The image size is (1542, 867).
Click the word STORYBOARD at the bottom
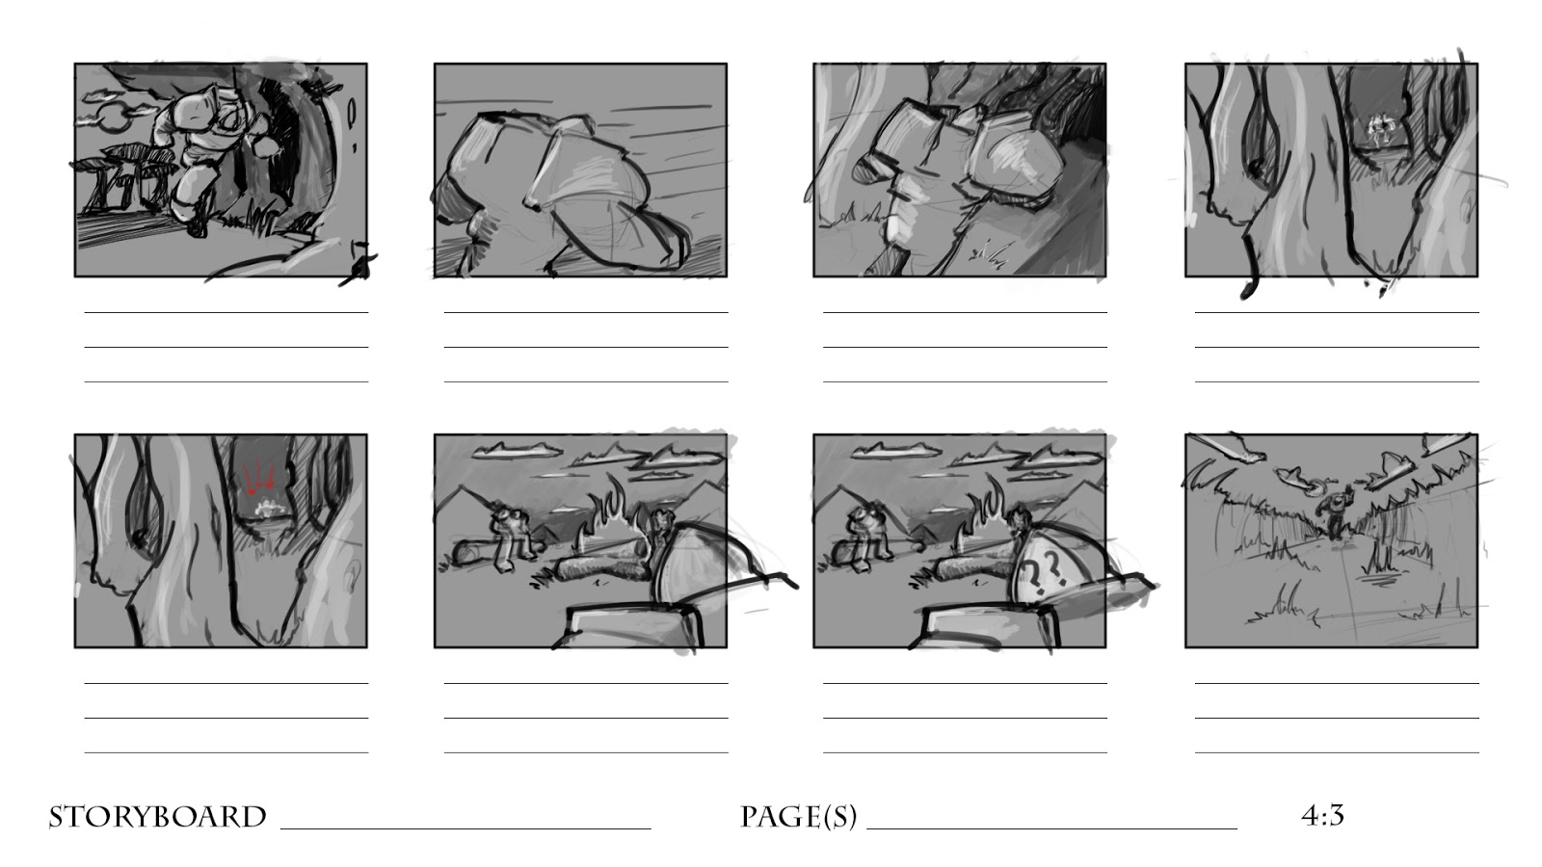[158, 817]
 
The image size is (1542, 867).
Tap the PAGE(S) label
[799, 818]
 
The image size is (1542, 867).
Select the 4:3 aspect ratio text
[1322, 815]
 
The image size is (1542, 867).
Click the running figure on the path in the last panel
[1334, 512]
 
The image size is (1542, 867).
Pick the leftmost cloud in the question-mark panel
[895, 451]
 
